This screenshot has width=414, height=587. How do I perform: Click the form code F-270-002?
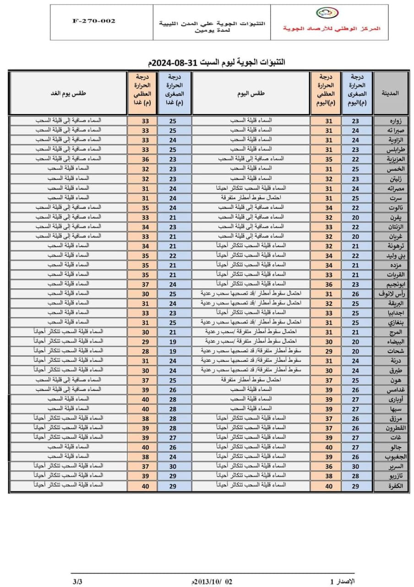point(94,21)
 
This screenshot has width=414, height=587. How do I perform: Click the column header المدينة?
point(390,93)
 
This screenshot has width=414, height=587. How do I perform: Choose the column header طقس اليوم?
point(251,93)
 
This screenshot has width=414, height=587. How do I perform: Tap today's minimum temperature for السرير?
point(356,466)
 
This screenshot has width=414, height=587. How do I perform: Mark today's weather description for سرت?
point(251,198)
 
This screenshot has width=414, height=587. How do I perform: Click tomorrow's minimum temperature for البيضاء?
point(173,341)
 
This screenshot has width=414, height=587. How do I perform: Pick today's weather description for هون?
point(251,380)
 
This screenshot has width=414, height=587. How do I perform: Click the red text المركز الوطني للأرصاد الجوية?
point(332,28)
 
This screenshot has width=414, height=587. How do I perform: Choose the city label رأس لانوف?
point(390,293)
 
